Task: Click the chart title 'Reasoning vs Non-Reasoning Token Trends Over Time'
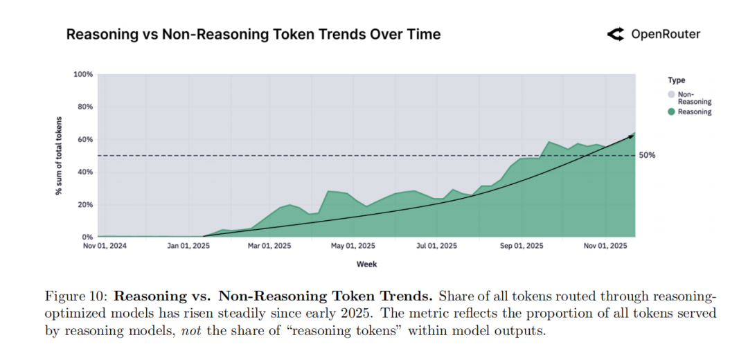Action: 253,35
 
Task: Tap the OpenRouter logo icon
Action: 616,35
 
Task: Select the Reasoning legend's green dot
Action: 671,112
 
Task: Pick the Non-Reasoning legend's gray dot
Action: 671,94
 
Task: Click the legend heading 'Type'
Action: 676,80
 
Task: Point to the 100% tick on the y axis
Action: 83,74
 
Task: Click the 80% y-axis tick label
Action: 84,107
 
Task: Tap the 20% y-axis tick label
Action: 84,205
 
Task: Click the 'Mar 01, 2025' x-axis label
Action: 270,246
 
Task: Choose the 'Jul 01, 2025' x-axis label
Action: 436,246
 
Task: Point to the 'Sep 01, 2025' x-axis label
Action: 522,246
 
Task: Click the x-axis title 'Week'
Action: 366,264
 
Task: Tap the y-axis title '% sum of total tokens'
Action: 59,156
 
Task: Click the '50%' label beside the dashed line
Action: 648,156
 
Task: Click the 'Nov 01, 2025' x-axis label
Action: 605,246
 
